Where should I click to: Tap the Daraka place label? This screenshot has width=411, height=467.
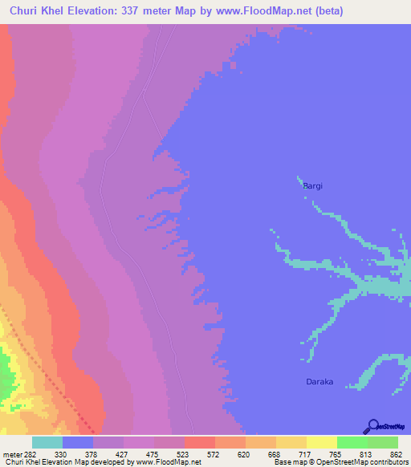(x=319, y=382)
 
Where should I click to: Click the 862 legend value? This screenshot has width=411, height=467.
(x=397, y=453)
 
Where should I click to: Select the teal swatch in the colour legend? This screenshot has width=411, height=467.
(x=47, y=442)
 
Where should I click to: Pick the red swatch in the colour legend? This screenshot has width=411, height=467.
(x=200, y=442)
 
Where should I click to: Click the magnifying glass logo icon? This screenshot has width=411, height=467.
(x=372, y=425)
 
